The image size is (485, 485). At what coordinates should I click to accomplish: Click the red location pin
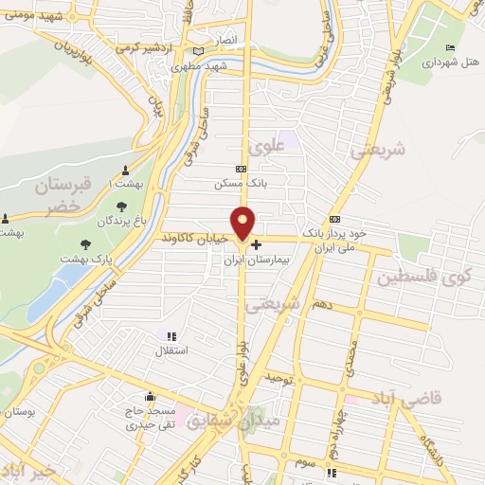243,222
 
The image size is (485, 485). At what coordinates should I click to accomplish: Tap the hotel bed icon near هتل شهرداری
450,48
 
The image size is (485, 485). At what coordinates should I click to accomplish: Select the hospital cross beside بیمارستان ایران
256,243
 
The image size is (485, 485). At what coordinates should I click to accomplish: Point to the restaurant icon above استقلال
171,336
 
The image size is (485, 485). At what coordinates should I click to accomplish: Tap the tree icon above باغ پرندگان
121,207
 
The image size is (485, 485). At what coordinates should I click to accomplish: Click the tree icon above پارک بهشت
85,242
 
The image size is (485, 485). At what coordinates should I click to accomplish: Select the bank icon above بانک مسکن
241,170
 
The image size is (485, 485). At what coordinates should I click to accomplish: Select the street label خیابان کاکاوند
194,237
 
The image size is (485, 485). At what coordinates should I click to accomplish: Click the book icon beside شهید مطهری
198,51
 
